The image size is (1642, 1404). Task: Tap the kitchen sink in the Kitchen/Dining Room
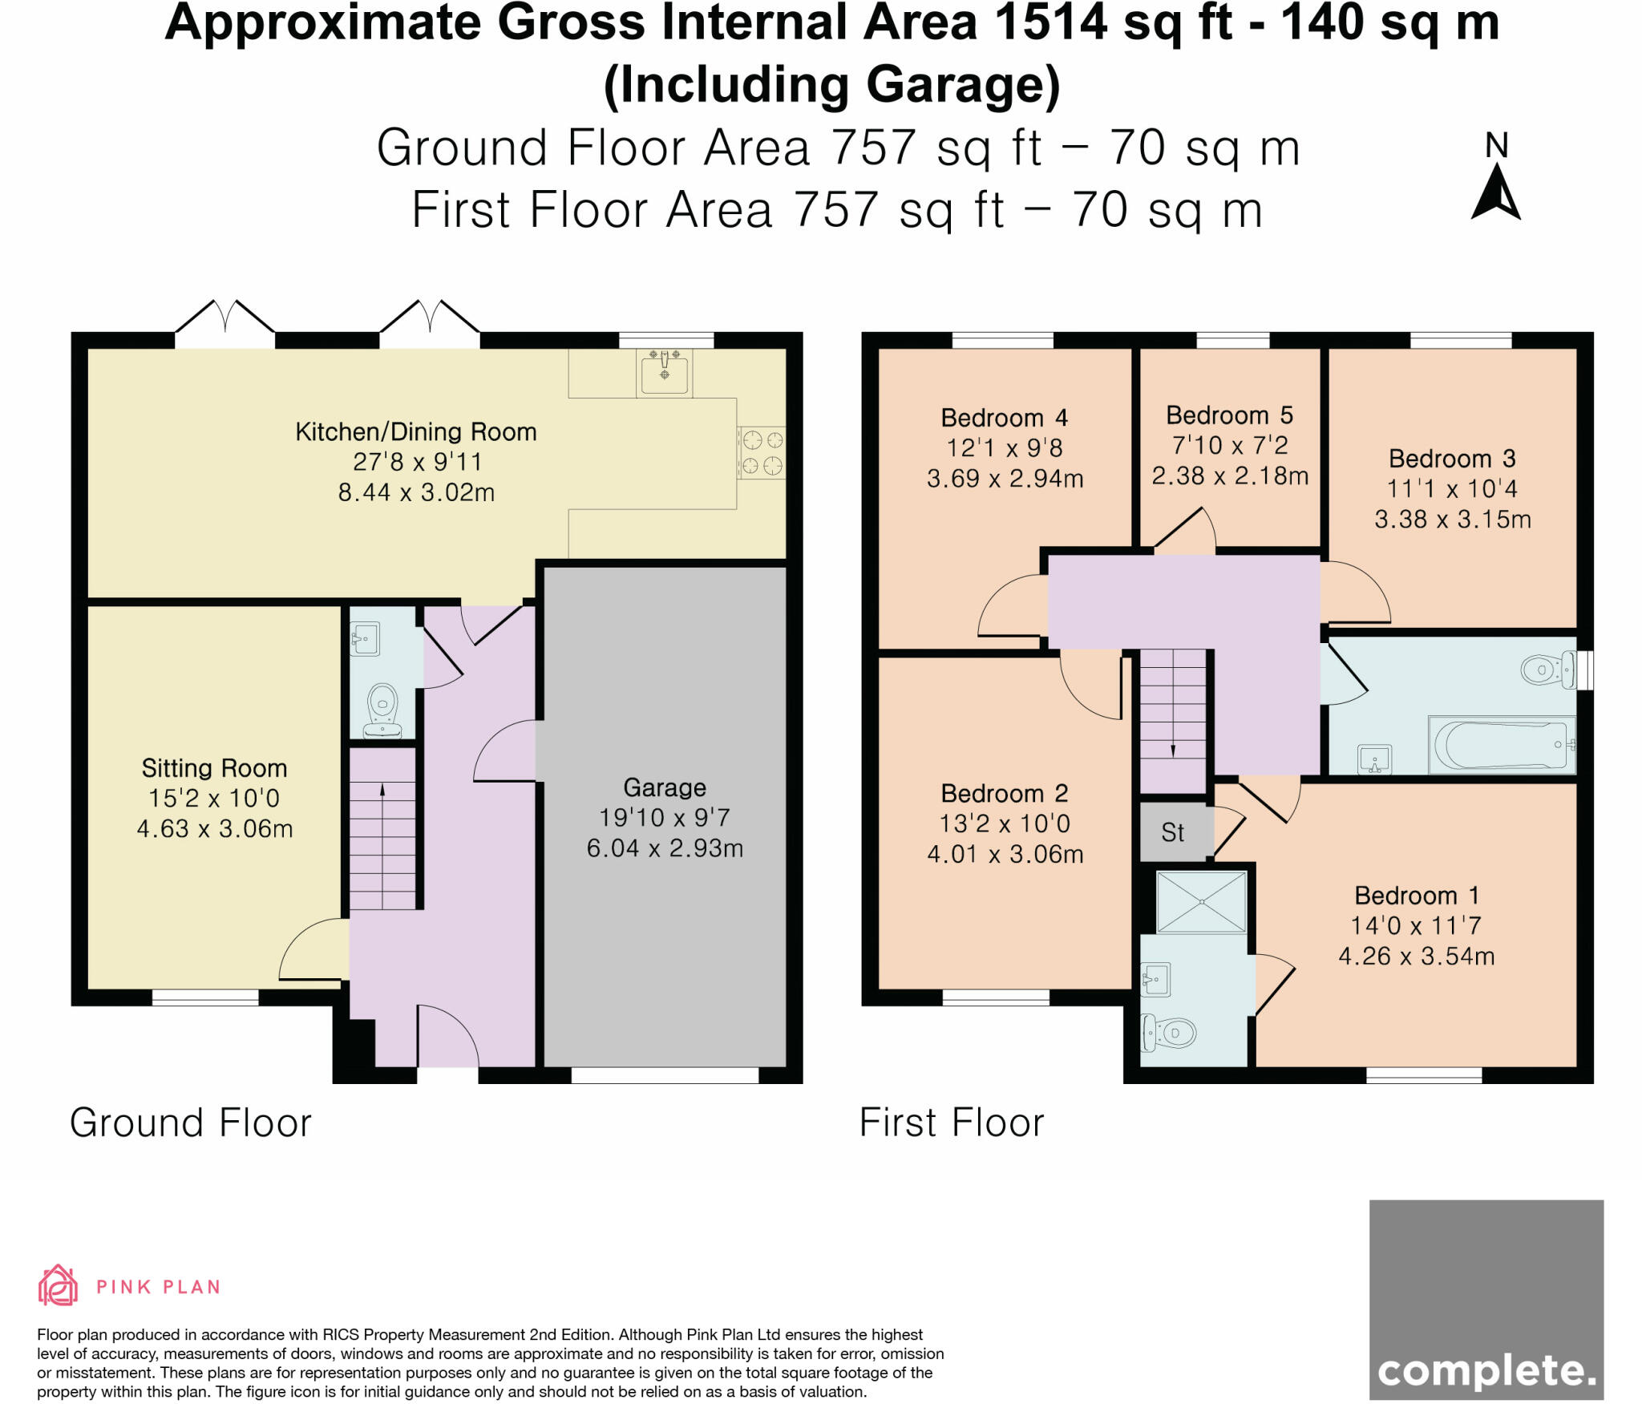tap(664, 372)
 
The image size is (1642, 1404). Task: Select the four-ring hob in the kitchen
tap(761, 452)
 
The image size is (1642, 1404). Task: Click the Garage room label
tap(665, 787)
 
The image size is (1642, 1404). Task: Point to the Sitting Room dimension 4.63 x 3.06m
tap(215, 828)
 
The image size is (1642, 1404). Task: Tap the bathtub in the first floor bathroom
tap(1502, 745)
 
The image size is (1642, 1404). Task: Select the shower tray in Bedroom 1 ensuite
tap(1201, 902)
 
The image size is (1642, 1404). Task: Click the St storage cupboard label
tap(1172, 833)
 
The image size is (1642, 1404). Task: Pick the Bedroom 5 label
tap(1229, 415)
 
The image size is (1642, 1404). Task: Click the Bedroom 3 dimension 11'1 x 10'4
tap(1452, 489)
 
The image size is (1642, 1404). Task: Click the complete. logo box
tap(1486, 1299)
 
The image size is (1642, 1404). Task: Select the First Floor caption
tap(952, 1123)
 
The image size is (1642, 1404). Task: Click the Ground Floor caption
tap(191, 1123)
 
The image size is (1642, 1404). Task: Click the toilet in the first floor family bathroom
tap(1546, 670)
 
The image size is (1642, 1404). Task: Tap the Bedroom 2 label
tap(1004, 794)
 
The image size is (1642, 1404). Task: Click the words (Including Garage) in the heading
tap(831, 86)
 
